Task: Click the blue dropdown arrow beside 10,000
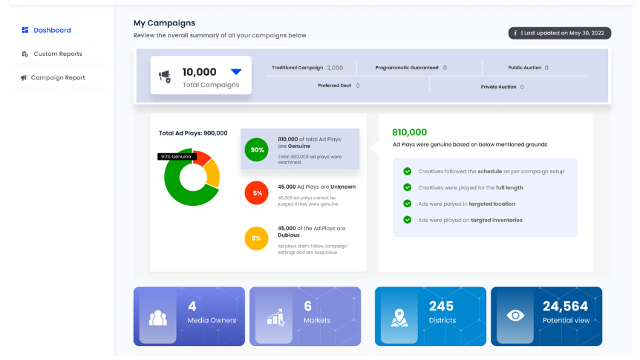(x=236, y=71)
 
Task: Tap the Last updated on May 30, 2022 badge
(x=559, y=33)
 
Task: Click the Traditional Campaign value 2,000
(x=335, y=68)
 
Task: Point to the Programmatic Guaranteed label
(x=407, y=68)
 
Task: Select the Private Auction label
(x=499, y=87)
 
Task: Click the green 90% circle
(x=257, y=150)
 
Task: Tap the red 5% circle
(x=257, y=193)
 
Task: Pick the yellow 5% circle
(x=257, y=238)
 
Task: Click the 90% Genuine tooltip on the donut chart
(x=177, y=157)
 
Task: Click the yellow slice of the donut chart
(x=212, y=175)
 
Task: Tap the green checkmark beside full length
(x=407, y=187)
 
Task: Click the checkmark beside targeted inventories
(x=407, y=220)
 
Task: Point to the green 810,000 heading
(x=409, y=133)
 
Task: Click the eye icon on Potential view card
(x=515, y=316)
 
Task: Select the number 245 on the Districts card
(x=441, y=306)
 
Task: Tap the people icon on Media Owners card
(x=158, y=318)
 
